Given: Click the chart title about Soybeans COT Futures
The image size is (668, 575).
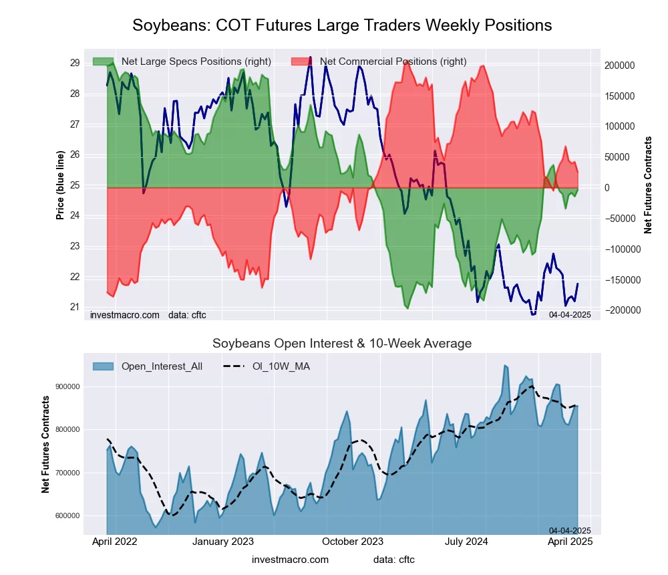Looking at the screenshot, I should point(342,25).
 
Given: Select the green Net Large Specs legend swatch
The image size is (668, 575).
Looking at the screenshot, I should point(104,62).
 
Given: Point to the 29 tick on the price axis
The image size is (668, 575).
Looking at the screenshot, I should point(75,63).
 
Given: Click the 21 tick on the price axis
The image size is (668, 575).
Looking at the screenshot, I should point(75,308).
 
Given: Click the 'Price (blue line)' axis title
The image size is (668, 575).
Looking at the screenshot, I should point(60,185).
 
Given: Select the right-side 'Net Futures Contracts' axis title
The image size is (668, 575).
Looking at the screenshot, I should point(648,185).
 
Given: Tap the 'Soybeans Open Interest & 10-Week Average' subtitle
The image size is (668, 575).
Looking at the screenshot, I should point(342,344).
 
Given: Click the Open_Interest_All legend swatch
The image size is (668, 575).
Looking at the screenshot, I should point(104,366).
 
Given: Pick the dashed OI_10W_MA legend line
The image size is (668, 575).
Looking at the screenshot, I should point(234,366).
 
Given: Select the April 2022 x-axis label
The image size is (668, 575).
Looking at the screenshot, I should point(114,542).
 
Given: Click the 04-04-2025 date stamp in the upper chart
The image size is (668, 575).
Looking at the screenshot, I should point(570,314).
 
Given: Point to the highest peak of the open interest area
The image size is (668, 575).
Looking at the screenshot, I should point(506,366).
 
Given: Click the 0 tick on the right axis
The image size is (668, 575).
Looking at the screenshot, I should point(608,188).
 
